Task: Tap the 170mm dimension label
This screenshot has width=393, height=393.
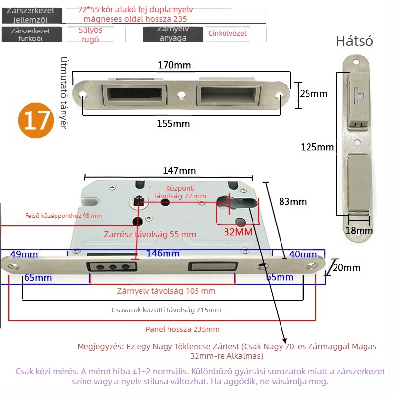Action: [174, 65]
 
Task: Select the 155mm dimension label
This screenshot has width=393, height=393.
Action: [173, 123]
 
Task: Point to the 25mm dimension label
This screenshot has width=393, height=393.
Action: [313, 93]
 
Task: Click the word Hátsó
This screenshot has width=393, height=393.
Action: [354, 41]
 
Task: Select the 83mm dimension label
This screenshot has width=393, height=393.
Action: [293, 201]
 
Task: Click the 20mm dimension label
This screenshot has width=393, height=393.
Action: [346, 268]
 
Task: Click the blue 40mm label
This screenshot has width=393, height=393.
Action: [303, 254]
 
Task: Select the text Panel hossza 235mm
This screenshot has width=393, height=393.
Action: [183, 329]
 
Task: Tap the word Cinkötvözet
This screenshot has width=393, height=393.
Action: [227, 33]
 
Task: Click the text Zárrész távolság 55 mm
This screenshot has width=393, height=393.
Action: [149, 234]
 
